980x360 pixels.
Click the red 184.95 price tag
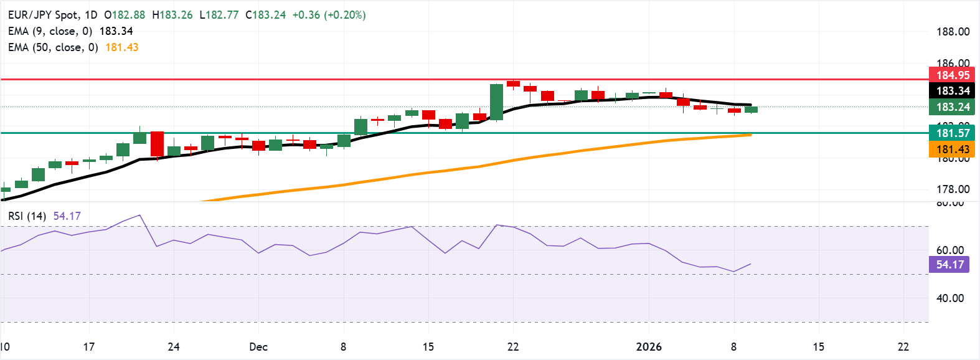(x=953, y=75)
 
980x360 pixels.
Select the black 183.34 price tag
(x=953, y=91)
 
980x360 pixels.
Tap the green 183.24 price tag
(x=953, y=107)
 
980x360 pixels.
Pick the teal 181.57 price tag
(x=953, y=133)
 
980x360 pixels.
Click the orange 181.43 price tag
(x=953, y=149)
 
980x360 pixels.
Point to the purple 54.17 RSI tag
(x=950, y=265)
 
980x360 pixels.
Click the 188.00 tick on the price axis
(x=953, y=32)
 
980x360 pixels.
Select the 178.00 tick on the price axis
(x=953, y=189)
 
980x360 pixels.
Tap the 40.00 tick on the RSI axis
(x=950, y=298)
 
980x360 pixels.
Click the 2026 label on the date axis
(x=649, y=347)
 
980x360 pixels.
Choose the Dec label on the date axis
(x=258, y=347)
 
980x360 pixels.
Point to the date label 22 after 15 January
(x=903, y=347)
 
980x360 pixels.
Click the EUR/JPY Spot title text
(x=44, y=15)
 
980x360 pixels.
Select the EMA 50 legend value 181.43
(x=122, y=47)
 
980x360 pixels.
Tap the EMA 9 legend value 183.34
(x=116, y=31)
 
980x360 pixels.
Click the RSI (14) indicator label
(x=27, y=216)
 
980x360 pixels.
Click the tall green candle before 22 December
(x=496, y=102)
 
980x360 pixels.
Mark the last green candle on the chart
(x=751, y=110)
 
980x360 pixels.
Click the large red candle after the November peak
(x=157, y=143)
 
